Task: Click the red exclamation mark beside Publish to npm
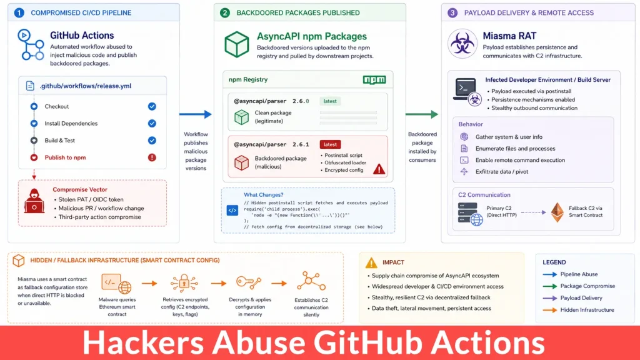coord(152,157)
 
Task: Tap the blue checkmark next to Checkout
coord(152,106)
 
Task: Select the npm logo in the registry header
coord(374,79)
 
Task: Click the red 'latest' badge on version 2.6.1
coord(330,144)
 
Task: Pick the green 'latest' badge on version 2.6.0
coord(330,101)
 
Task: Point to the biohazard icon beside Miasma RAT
coord(462,44)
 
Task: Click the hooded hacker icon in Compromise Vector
coord(34,201)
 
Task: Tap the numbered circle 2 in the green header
coord(225,12)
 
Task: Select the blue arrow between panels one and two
coord(196,114)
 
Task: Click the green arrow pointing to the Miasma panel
coord(422,114)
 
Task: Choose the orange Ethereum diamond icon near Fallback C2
coord(557,212)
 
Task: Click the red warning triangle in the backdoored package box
coord(379,169)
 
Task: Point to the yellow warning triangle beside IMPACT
coord(371,263)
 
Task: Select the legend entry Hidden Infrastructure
coord(587,310)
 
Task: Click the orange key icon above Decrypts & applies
coord(249,282)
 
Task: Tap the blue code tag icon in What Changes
coord(232,211)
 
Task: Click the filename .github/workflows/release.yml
coord(85,86)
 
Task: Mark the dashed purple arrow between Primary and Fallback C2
coord(534,212)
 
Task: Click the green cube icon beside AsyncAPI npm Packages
coord(237,44)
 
